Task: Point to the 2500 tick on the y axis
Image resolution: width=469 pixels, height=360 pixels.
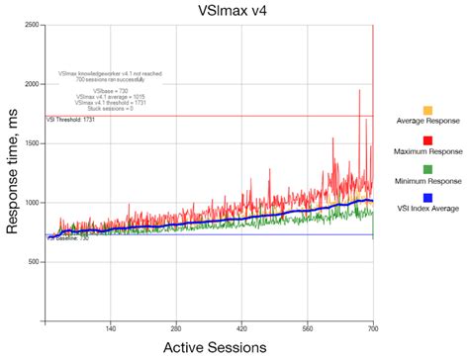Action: (33, 25)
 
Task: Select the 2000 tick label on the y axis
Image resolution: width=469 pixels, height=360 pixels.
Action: (33, 84)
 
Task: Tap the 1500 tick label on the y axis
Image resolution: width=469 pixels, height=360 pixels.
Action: (33, 143)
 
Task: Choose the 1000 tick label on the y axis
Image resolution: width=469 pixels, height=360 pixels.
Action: (33, 203)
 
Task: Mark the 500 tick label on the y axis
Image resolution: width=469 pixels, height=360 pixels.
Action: (35, 262)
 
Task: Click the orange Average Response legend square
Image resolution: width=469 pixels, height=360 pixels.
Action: (426, 110)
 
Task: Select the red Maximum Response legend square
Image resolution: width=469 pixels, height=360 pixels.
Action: (426, 140)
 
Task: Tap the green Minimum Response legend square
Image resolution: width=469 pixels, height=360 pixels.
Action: (426, 170)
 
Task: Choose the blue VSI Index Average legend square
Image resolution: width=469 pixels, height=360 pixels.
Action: (426, 200)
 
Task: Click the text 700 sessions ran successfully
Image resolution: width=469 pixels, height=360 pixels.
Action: (110, 78)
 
